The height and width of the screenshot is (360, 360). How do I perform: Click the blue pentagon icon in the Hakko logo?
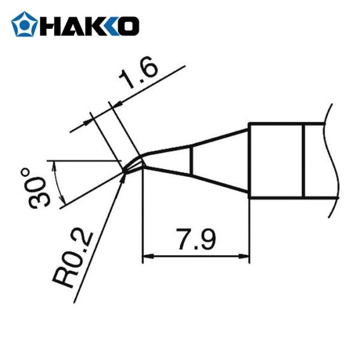tap(24, 25)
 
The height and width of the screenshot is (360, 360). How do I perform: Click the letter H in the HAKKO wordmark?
tap(50, 25)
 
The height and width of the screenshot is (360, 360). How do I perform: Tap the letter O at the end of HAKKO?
tap(128, 25)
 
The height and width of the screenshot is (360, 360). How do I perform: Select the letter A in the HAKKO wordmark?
tap(70, 25)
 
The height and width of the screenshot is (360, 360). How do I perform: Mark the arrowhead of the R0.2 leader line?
tap(124, 176)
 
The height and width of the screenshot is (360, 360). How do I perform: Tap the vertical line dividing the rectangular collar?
tap(304, 160)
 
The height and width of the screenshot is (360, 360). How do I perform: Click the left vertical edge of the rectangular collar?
tap(248, 160)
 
